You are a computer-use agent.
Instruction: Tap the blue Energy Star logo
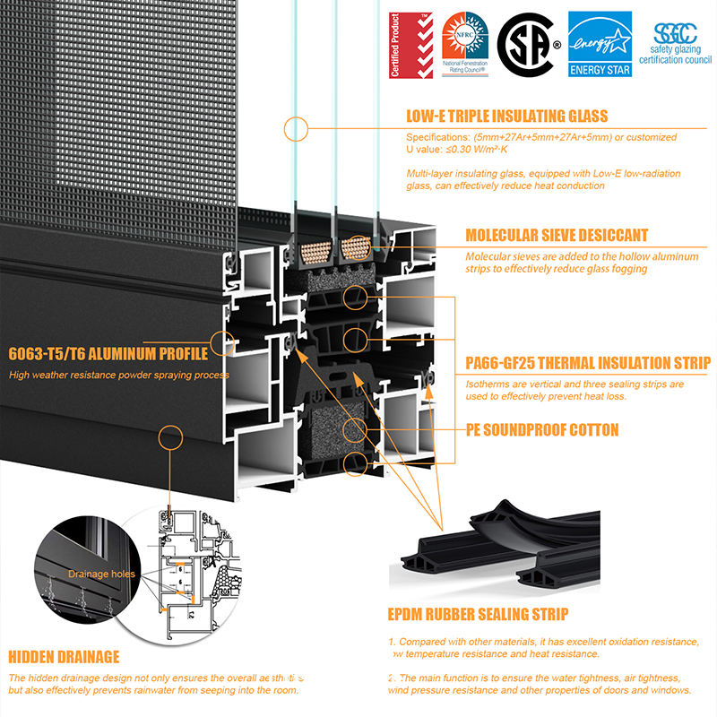[600, 44]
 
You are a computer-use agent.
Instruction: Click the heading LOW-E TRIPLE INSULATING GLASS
[506, 116]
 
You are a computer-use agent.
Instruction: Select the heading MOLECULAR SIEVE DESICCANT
[556, 236]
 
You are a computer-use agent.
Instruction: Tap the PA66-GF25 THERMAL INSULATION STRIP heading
[588, 363]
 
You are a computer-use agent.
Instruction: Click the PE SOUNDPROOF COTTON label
[542, 430]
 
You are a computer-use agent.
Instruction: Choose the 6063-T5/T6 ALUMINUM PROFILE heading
[107, 352]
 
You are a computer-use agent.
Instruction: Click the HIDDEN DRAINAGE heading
[64, 656]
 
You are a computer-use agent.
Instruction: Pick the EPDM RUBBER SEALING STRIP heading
[478, 614]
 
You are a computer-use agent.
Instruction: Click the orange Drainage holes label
[100, 573]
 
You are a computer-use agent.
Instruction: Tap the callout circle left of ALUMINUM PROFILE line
[220, 342]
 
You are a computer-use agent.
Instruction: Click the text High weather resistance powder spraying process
[118, 375]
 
